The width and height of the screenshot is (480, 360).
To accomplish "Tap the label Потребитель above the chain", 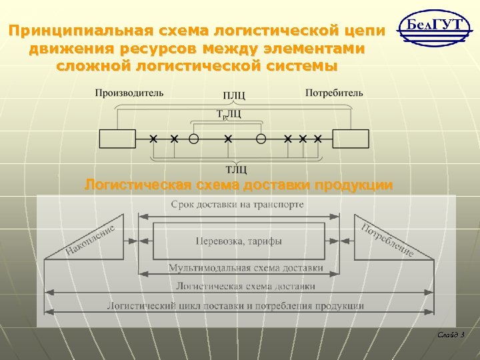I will tap(334, 93).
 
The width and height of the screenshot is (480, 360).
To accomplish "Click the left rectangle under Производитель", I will tap(117, 139).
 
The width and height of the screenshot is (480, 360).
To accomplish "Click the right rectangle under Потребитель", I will tap(351, 139).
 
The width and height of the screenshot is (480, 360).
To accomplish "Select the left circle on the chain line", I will tap(193, 139).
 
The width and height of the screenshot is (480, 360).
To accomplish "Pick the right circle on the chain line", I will tap(261, 139).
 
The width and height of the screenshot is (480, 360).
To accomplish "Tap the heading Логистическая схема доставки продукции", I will tap(238, 185).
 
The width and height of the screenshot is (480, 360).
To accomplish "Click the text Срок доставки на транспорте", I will tap(237, 204).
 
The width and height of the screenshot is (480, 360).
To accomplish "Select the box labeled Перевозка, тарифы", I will tap(239, 241).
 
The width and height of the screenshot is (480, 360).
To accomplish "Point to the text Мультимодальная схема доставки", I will tap(245, 268).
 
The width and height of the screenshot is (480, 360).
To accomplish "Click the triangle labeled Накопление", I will tap(89, 241).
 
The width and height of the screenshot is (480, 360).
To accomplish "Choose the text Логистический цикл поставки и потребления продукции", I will tap(235, 306).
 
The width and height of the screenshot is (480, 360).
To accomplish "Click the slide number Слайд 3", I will tap(451, 334).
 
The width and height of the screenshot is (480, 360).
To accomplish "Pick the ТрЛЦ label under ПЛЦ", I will tap(229, 115).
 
